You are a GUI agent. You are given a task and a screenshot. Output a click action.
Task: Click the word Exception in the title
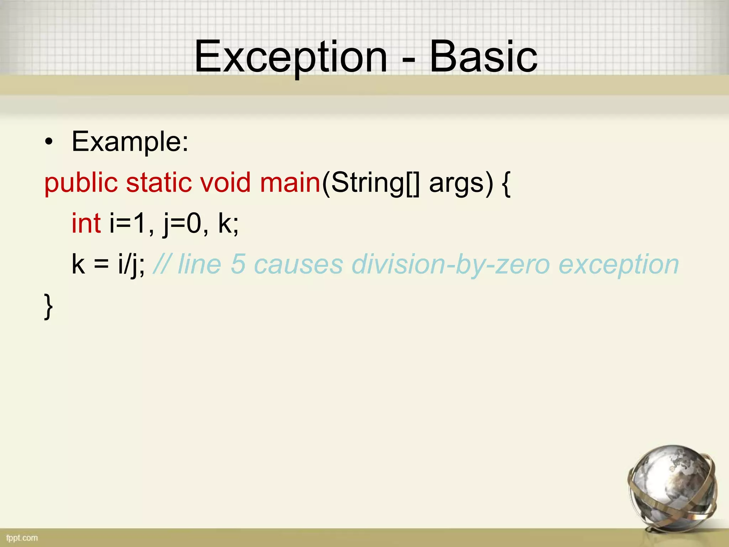[x=290, y=57]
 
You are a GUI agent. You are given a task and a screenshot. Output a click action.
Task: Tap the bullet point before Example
[x=49, y=142]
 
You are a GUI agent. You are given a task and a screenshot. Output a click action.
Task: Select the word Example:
[x=130, y=142]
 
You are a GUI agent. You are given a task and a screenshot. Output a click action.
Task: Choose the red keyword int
[x=86, y=224]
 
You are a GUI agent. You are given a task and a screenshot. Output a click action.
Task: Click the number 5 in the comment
[x=238, y=265]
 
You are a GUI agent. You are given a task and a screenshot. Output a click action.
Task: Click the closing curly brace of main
[x=48, y=306]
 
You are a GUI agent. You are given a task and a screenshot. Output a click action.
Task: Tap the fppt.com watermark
[x=22, y=538]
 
